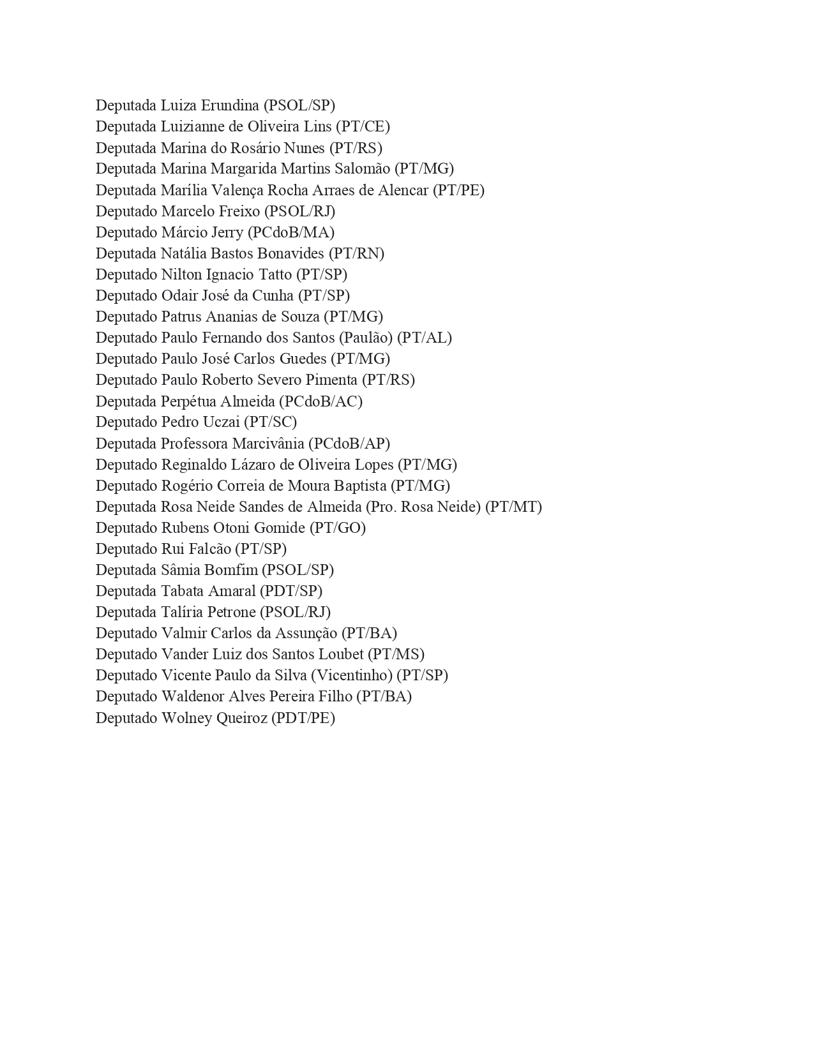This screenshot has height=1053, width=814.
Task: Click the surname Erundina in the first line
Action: tap(230, 105)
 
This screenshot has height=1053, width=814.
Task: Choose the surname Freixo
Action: tap(240, 211)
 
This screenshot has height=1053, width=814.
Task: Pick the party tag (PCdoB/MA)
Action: tap(291, 232)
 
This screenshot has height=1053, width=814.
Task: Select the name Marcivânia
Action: tap(268, 444)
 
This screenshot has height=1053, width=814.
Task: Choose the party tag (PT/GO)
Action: tap(338, 528)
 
